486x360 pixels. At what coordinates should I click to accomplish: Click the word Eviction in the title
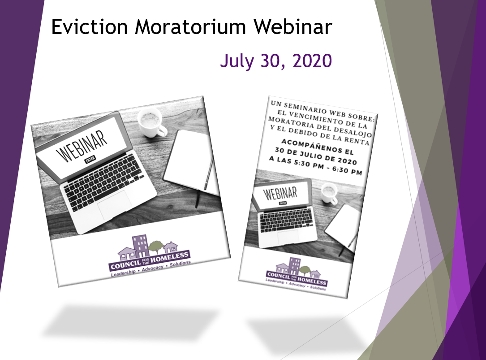(x=89, y=27)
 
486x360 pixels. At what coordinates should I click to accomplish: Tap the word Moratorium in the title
(x=191, y=27)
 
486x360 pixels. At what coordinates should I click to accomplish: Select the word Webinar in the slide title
(x=293, y=27)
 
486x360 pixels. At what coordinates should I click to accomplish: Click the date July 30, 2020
(x=276, y=61)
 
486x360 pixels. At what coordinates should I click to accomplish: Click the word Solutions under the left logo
(x=180, y=264)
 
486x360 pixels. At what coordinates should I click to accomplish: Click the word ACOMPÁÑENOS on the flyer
(x=317, y=147)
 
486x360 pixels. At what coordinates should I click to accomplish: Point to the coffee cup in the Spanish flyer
(x=330, y=193)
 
